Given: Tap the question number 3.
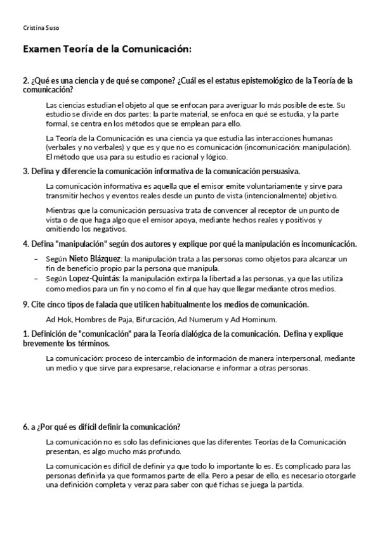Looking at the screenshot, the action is pyautogui.click(x=25, y=172).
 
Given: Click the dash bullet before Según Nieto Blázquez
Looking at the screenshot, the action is pyautogui.click(x=36, y=259).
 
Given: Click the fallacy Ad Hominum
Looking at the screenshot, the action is pyautogui.click(x=257, y=319).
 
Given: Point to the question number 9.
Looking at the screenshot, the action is pyautogui.click(x=25, y=305).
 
